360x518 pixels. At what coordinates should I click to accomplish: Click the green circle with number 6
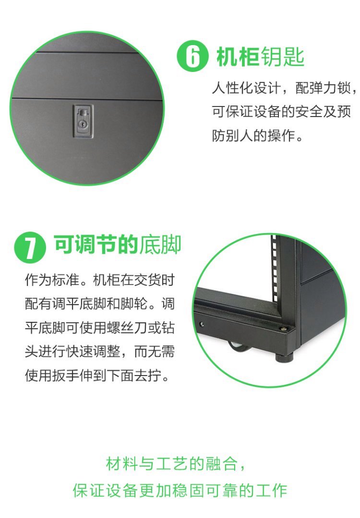click(193, 56)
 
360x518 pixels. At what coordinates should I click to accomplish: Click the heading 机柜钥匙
click(260, 57)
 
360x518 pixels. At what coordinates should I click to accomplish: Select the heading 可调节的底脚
click(117, 245)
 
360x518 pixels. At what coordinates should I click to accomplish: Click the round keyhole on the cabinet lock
click(82, 124)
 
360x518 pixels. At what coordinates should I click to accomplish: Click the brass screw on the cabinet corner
click(283, 329)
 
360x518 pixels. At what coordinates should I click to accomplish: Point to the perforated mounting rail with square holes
click(274, 268)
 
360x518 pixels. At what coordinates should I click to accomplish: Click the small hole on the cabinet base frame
click(201, 324)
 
